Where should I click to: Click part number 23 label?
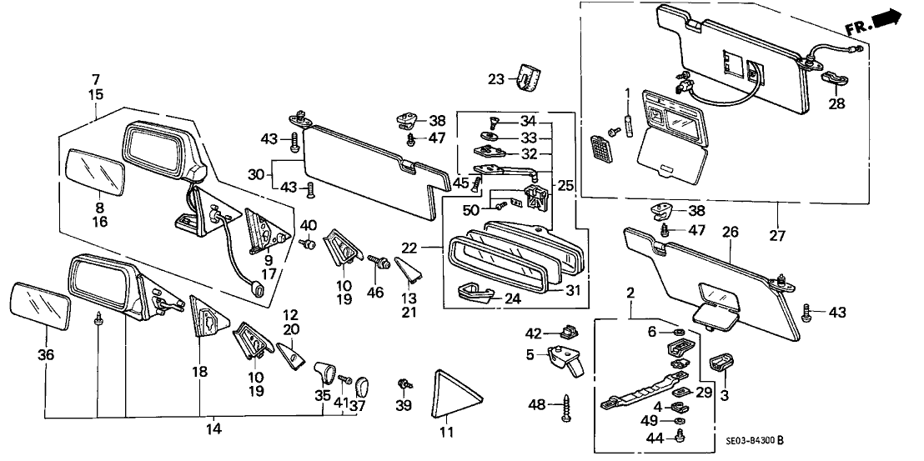click(x=497, y=80)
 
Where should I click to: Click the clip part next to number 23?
click(x=525, y=77)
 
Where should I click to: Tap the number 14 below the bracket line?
click(x=214, y=428)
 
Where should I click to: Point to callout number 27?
click(x=776, y=236)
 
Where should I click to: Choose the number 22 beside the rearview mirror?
click(x=430, y=247)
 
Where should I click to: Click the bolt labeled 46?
click(x=385, y=262)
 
